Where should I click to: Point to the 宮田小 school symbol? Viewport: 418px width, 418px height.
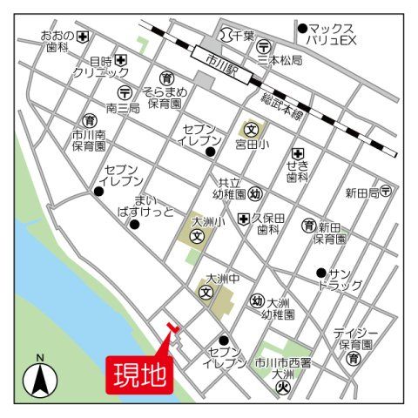[248, 130]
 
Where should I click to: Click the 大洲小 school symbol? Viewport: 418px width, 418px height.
[198, 235]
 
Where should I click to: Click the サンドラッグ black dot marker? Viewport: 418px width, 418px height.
[320, 272]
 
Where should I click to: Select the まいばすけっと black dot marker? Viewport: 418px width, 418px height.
[134, 224]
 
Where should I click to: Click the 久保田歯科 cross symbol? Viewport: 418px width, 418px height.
[243, 218]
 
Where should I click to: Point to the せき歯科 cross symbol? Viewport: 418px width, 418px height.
[297, 152]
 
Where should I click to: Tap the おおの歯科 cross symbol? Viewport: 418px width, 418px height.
[84, 37]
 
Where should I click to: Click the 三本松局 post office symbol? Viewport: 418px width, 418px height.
[264, 46]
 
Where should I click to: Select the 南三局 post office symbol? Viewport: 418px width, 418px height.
[125, 92]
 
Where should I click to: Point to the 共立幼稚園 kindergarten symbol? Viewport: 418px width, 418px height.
[255, 193]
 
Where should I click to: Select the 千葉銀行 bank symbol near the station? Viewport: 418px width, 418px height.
[226, 35]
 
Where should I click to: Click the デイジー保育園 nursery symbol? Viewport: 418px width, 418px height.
[354, 359]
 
